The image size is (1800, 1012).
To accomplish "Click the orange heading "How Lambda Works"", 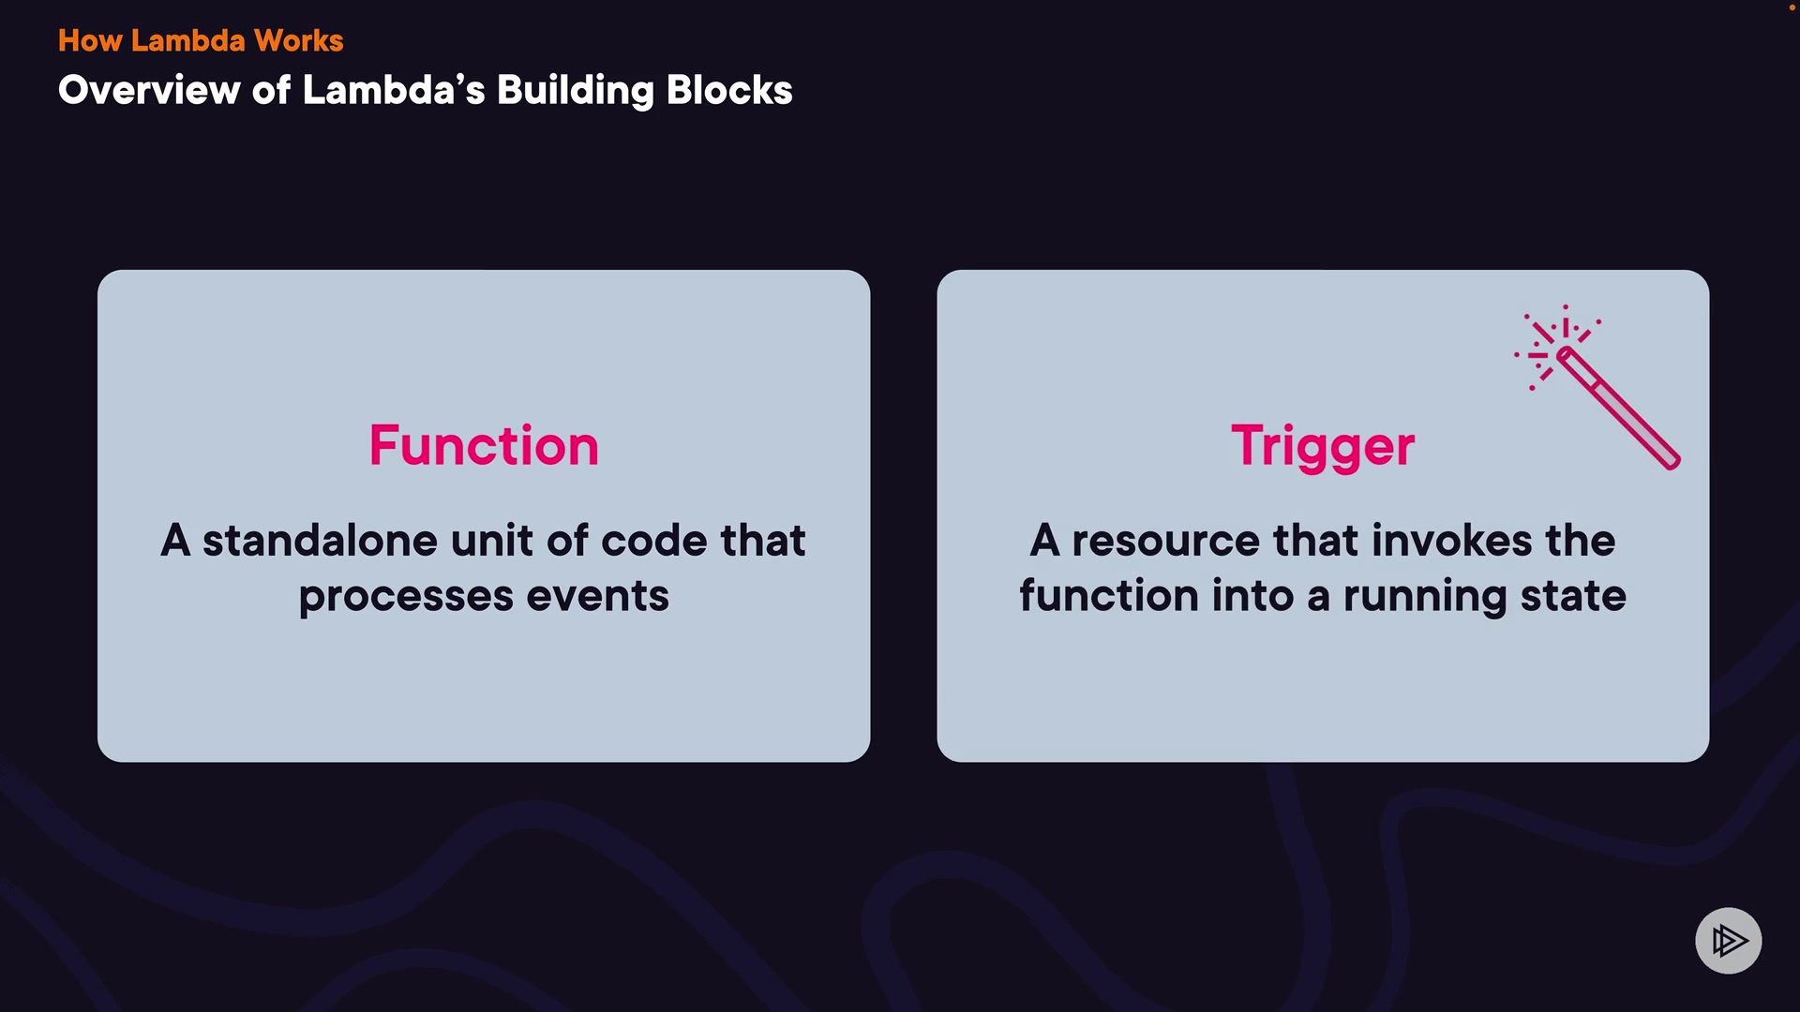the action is (201, 40).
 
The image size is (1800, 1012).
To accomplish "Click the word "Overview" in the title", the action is (149, 90).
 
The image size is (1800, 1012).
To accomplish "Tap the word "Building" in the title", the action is (575, 91).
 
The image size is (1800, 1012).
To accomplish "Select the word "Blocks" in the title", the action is (729, 90).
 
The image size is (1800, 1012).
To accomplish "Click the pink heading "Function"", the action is (484, 445).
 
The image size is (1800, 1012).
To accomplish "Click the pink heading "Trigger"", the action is (1323, 447).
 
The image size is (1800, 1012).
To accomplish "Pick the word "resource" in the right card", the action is (1166, 542).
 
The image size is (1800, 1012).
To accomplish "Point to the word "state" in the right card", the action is (1573, 597).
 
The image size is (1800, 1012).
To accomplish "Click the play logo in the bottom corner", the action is (1729, 941).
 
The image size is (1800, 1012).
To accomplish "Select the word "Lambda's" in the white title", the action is (394, 90).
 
